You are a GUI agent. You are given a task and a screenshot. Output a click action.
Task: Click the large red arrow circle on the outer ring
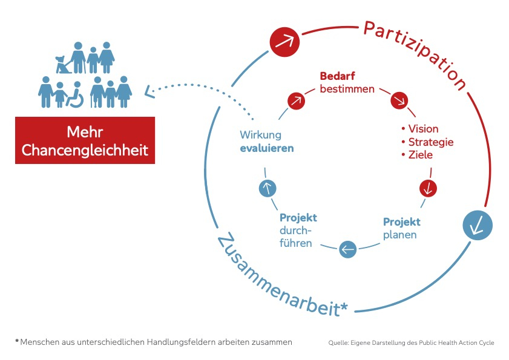coord(285,42)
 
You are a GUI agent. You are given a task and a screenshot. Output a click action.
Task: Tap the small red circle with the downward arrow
coord(428,188)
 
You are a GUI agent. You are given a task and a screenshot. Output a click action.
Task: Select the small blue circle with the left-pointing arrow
coord(347,249)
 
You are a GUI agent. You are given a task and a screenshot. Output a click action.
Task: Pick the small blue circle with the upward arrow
coord(267,188)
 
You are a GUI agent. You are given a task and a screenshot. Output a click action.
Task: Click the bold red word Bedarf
coord(337,77)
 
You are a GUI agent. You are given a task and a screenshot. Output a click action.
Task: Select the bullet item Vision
coord(422,129)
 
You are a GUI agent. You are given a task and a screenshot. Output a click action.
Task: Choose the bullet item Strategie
coord(430,142)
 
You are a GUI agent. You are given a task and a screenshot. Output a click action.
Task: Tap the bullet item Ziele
coord(420,155)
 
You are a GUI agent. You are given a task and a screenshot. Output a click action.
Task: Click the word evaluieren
coord(267,148)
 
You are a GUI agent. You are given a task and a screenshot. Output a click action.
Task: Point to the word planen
coord(399,235)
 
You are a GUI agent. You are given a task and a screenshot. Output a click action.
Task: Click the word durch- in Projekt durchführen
coord(295,231)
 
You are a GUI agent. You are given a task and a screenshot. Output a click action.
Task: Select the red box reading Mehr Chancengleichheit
coord(85,141)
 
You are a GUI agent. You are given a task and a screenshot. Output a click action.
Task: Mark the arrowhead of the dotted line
coord(148,92)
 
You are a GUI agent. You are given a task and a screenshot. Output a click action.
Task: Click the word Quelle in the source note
coord(339,343)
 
